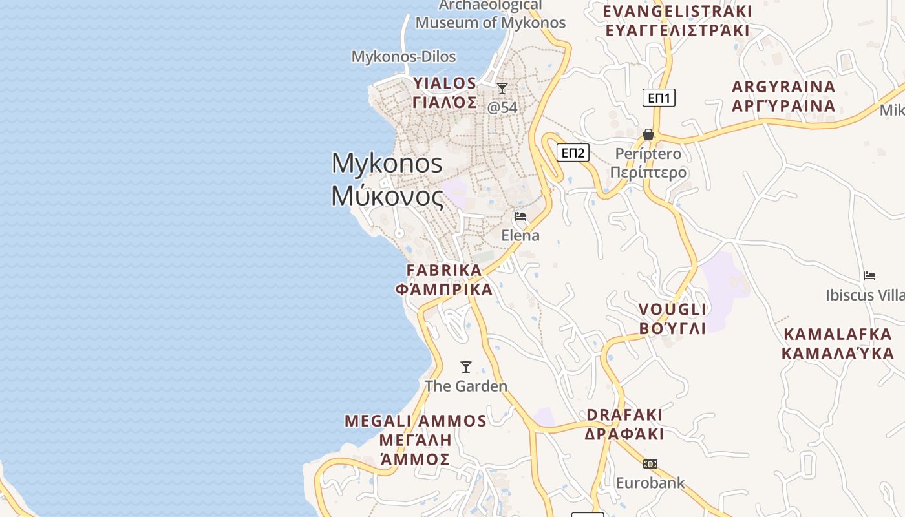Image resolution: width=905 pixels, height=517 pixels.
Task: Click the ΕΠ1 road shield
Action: (x=659, y=98)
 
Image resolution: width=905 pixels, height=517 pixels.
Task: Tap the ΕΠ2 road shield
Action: (x=573, y=153)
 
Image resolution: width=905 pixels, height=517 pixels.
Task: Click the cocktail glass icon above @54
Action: (x=502, y=89)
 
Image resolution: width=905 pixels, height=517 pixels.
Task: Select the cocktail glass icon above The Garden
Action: (x=465, y=367)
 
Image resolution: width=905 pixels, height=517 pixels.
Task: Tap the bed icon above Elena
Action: (x=520, y=216)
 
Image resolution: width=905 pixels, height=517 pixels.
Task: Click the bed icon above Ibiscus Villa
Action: (x=869, y=276)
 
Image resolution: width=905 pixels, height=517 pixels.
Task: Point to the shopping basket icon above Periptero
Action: (x=648, y=134)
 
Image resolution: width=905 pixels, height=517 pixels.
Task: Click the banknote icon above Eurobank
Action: (x=650, y=463)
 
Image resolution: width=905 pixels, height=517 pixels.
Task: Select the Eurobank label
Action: (x=650, y=483)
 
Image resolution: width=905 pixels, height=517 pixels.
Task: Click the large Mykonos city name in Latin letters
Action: (x=387, y=163)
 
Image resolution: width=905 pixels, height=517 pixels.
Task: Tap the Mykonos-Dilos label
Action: (x=403, y=56)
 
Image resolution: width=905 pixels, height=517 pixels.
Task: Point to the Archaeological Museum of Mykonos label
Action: (x=490, y=14)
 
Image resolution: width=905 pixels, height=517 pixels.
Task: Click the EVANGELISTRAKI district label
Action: (x=677, y=12)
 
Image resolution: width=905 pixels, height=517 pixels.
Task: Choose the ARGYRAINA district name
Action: (x=783, y=87)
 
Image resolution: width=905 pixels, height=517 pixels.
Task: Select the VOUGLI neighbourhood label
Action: (x=672, y=309)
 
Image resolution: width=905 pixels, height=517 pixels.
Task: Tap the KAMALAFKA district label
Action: (x=838, y=335)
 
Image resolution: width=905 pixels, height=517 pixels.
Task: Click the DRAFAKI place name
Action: (x=624, y=414)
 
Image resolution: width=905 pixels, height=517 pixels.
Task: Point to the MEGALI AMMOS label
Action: (x=415, y=421)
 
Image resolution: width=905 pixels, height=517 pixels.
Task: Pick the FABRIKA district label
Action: (x=444, y=270)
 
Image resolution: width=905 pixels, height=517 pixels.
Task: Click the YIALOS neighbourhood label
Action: (x=445, y=83)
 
